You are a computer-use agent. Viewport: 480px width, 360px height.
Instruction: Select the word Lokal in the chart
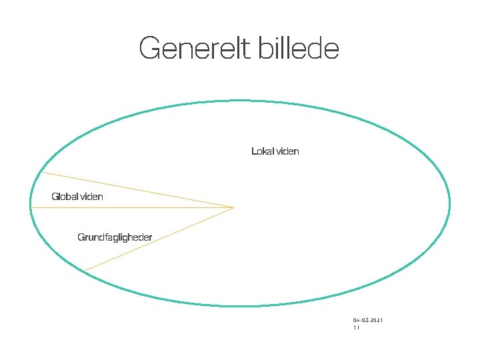point(262,151)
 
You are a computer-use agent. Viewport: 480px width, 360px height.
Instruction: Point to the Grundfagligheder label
point(115,237)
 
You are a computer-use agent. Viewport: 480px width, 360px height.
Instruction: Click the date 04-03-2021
point(368,321)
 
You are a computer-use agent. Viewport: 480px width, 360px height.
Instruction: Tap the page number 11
point(356,328)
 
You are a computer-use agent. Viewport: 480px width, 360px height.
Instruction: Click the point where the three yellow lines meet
point(234,207)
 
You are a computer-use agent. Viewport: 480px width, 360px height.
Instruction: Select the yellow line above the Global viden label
point(133,189)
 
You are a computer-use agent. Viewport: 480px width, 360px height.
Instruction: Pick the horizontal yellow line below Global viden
point(133,207)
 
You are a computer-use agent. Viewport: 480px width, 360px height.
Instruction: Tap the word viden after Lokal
point(287,151)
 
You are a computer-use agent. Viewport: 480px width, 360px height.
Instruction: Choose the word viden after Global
point(91,197)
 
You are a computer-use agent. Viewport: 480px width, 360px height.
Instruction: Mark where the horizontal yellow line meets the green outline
point(31,207)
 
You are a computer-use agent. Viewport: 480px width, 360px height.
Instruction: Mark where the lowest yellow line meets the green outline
point(84,271)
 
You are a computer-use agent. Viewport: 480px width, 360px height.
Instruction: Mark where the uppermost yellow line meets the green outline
point(43,173)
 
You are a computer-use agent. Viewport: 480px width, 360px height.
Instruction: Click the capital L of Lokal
point(254,151)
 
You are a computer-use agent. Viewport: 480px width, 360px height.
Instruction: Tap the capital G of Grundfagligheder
point(81,237)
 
